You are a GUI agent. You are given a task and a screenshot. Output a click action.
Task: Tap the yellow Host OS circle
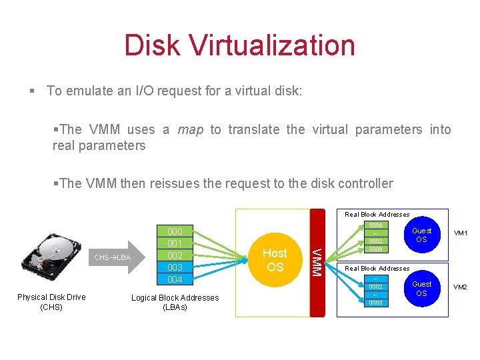(x=275, y=260)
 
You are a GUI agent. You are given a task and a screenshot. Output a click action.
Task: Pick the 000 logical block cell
(x=175, y=231)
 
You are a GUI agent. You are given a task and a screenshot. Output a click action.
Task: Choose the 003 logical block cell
(x=175, y=267)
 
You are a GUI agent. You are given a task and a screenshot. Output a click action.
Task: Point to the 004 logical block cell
(x=175, y=279)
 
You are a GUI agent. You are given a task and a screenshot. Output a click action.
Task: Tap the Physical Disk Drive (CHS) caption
(x=51, y=302)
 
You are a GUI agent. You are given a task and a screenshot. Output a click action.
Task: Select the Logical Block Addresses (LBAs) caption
(x=175, y=303)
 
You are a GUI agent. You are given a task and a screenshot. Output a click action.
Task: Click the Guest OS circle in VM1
(x=421, y=235)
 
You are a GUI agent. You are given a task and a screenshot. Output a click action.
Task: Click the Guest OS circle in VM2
(x=421, y=289)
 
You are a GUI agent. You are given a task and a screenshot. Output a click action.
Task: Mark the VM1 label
(x=461, y=234)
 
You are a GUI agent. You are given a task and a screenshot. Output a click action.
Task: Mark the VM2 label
(x=461, y=287)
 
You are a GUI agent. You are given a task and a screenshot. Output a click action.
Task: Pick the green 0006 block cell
(x=376, y=225)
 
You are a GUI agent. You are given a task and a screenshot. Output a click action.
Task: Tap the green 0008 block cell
(x=376, y=249)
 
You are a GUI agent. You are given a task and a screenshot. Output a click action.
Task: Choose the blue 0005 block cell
(x=376, y=303)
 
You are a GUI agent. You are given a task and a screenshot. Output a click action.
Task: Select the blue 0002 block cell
(x=376, y=287)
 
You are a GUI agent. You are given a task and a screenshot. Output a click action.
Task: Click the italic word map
(x=191, y=129)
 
